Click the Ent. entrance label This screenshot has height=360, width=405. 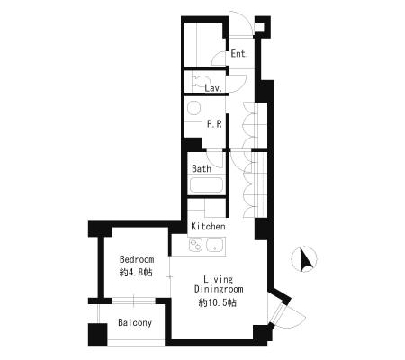[239, 54]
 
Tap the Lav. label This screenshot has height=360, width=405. [213, 88]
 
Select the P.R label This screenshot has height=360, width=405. [214, 124]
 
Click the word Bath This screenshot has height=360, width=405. [202, 168]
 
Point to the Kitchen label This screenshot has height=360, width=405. [208, 226]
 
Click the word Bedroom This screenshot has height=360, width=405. [137, 259]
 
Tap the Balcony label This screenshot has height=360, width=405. [135, 323]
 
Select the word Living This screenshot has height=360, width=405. [218, 280]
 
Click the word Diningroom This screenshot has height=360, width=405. [219, 289]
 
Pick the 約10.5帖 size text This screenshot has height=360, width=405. [218, 302]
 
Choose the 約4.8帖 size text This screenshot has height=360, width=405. [136, 273]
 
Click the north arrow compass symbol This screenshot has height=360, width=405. [304, 259]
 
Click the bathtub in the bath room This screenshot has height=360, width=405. [206, 185]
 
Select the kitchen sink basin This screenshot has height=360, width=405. [215, 245]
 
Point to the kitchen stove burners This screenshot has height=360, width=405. [195, 245]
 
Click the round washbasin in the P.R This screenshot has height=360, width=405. [193, 108]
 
